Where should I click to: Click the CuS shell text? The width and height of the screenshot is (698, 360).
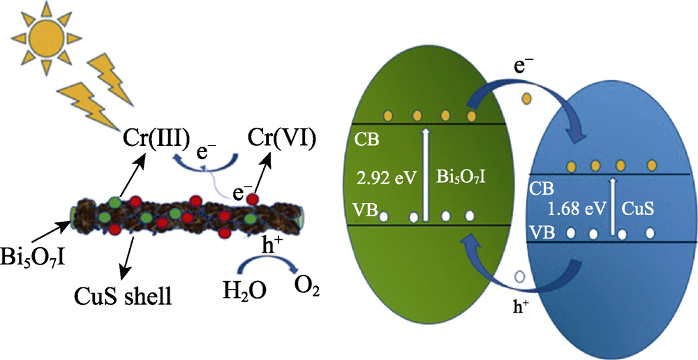[124, 296]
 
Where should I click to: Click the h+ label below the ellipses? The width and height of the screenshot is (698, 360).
[523, 306]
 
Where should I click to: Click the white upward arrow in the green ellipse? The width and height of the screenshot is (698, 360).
[426, 174]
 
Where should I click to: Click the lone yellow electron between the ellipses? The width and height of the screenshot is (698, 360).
[528, 98]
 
